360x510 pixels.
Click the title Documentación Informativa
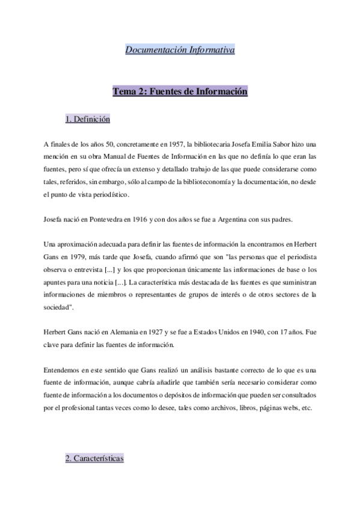coord(180,50)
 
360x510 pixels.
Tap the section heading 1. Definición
coord(87,119)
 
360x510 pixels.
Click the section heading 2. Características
coord(94,459)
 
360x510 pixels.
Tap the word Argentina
coord(242,220)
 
